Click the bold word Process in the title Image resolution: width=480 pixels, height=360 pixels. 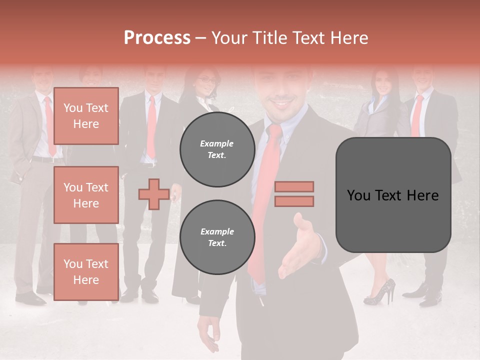(157, 37)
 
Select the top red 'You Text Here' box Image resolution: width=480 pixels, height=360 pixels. (86, 116)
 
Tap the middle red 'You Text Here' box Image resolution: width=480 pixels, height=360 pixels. (86, 195)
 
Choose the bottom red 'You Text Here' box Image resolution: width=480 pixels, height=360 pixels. (86, 272)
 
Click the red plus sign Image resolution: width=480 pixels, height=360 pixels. (154, 194)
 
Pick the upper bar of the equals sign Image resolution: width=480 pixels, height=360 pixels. (294, 186)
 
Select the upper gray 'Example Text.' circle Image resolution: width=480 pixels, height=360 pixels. (217, 149)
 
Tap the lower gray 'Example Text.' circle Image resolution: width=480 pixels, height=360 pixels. (217, 237)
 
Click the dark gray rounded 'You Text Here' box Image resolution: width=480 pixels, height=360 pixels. (393, 195)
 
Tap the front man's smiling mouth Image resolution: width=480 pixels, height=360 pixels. (282, 105)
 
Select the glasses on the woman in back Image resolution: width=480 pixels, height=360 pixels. (206, 80)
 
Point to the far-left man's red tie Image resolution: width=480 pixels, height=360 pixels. (49, 125)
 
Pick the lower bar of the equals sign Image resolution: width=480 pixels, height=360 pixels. (294, 201)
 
